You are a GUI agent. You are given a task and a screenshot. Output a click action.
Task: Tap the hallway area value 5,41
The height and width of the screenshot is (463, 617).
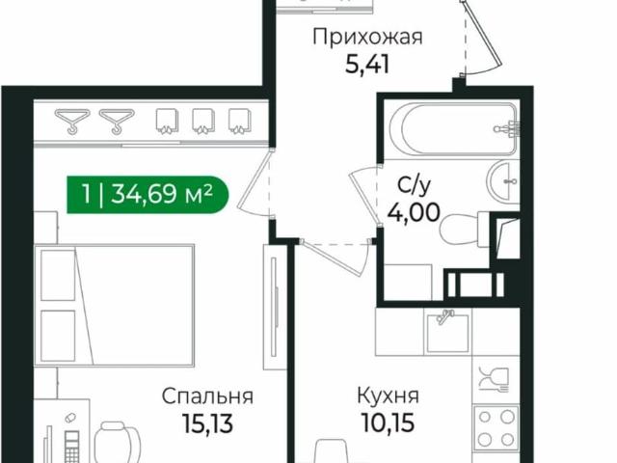pos(368,68)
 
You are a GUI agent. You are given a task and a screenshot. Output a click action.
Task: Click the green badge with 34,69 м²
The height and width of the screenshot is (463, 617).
pos(148,196)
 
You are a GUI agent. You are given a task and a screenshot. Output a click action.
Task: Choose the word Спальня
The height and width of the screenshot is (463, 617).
pos(207,395)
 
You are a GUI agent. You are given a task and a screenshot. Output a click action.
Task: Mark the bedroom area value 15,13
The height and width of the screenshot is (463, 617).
pos(207,422)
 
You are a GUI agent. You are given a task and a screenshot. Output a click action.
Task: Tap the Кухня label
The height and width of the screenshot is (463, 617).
pos(387,395)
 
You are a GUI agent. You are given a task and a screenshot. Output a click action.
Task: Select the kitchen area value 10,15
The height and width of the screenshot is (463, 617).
pos(387,422)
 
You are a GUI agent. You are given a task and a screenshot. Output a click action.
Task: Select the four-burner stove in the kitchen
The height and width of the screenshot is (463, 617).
pos(494,425)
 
